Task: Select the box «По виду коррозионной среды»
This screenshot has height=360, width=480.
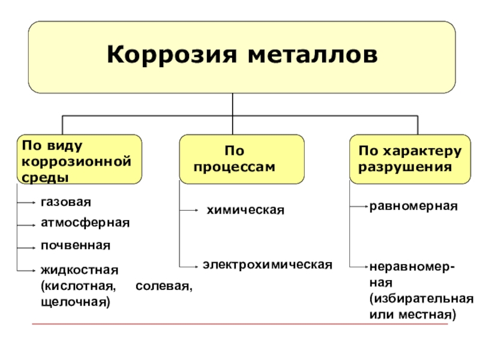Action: click(x=79, y=158)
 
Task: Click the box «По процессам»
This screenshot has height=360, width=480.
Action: click(x=241, y=158)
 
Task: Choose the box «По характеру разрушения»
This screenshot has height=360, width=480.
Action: click(x=410, y=158)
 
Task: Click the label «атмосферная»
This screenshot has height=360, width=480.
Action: click(x=85, y=223)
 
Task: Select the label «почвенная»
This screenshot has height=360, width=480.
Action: click(x=76, y=245)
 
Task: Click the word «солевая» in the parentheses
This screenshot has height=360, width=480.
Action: click(x=164, y=286)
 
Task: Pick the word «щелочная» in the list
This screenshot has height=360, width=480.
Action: click(x=75, y=301)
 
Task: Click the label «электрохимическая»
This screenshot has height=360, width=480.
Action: click(x=267, y=264)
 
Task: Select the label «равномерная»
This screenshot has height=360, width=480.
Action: click(x=413, y=206)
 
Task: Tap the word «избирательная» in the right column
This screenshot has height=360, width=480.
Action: click(x=421, y=298)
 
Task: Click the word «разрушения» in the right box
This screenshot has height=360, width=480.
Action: click(x=405, y=167)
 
